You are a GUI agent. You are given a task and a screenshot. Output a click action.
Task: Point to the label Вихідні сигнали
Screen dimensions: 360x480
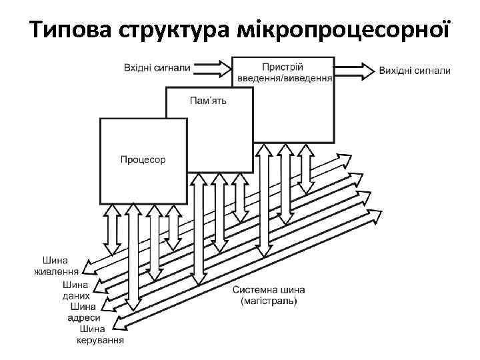[x=414, y=70]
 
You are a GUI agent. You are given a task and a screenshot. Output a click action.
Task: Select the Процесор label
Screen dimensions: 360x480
[x=143, y=159]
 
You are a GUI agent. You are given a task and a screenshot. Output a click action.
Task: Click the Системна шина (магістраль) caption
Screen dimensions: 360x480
[x=269, y=295]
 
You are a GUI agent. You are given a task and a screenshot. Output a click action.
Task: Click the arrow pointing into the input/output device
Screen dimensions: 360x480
[x=211, y=67]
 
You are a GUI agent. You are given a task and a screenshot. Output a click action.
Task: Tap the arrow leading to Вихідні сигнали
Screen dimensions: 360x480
[x=354, y=70]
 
